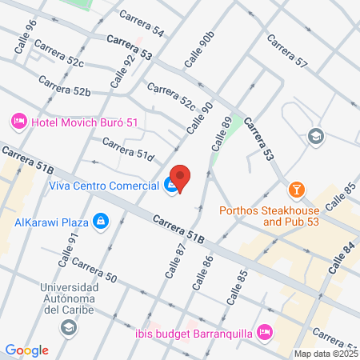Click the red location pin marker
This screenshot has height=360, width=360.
tap(181, 178)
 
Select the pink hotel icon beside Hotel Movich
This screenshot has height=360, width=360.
tap(18, 122)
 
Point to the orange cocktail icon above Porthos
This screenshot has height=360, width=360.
tap(297, 190)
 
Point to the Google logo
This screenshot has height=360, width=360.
tap(26, 350)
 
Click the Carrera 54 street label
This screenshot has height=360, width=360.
tap(142, 24)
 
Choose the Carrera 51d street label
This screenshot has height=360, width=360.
tap(128, 150)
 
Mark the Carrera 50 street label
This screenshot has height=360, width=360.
tap(94, 270)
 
